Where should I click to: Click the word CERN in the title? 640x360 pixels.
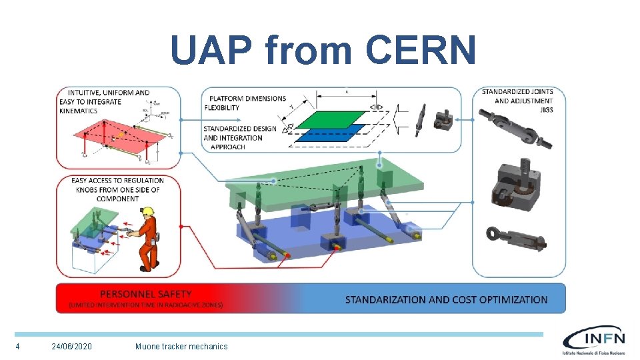point(421,50)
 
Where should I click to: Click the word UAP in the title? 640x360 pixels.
point(211,50)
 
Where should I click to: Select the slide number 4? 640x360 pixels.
point(17,347)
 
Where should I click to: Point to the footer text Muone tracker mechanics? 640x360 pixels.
point(181,347)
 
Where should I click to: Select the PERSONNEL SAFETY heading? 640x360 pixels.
point(145,293)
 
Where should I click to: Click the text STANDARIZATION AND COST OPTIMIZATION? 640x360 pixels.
point(446,300)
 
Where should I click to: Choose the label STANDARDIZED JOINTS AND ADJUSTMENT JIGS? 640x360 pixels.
point(517,101)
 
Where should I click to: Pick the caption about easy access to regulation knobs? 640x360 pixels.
point(118,189)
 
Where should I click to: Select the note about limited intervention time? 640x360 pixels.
point(145,305)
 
